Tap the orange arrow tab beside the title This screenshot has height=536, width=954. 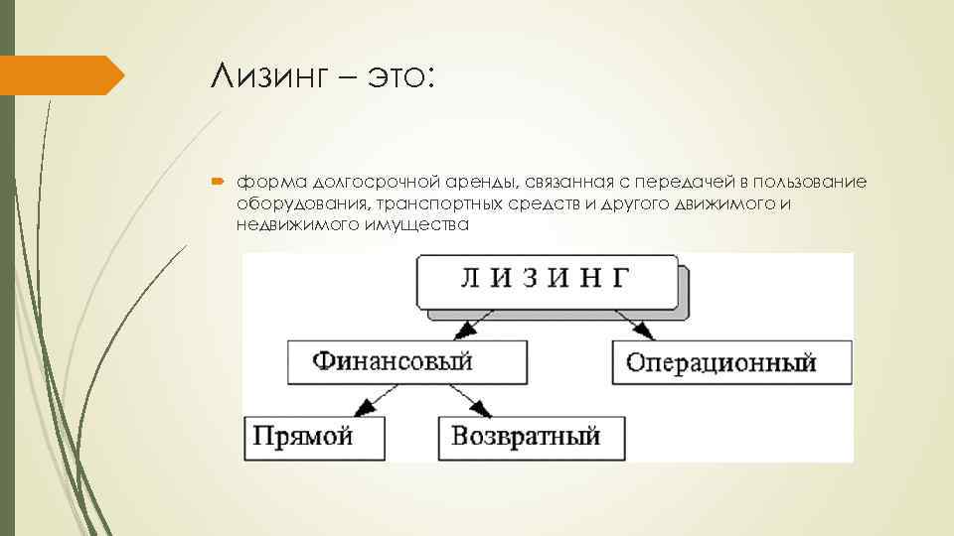coord(60,75)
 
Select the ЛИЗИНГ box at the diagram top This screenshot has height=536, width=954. coord(546,281)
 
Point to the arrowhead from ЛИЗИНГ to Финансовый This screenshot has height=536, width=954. coord(463,333)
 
